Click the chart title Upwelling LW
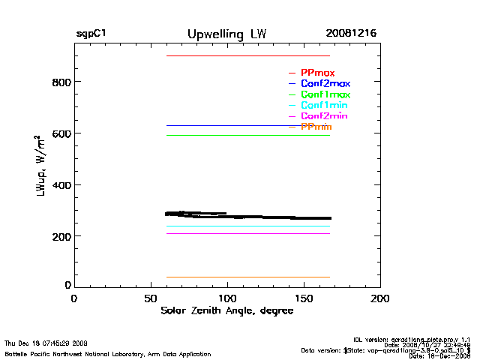click(x=226, y=34)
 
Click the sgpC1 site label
click(x=90, y=34)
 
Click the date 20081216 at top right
click(x=351, y=34)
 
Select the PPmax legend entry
click(x=317, y=72)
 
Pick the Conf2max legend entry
click(x=325, y=83)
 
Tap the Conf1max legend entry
click(x=325, y=94)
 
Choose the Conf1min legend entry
click(x=325, y=106)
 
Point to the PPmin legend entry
click(x=316, y=127)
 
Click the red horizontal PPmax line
click(x=247, y=56)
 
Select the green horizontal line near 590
click(x=247, y=135)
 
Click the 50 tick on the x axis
click(x=151, y=298)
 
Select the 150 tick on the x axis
click(x=304, y=298)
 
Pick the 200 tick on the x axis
click(x=380, y=298)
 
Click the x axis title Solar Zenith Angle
click(x=226, y=310)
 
